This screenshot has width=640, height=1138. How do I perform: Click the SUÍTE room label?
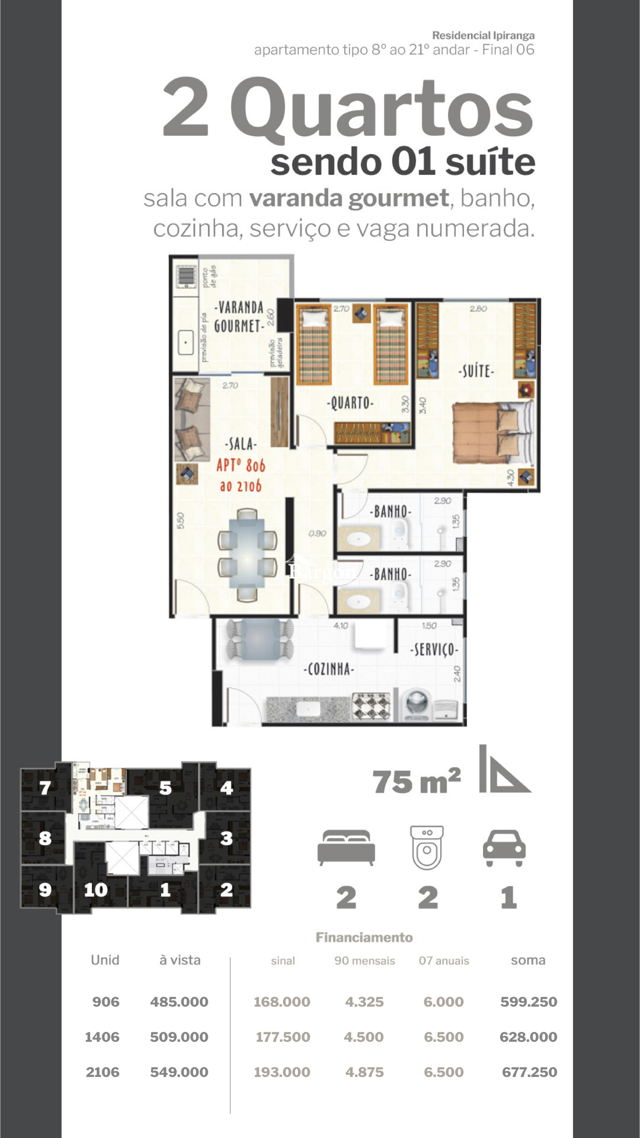pyautogui.click(x=476, y=371)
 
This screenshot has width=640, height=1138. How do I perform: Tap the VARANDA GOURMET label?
pyautogui.click(x=239, y=316)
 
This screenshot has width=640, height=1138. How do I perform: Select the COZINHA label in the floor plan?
pyautogui.click(x=329, y=669)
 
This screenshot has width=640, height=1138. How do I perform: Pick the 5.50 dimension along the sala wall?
pyautogui.click(x=180, y=520)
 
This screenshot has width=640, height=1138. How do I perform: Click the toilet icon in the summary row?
pyautogui.click(x=427, y=847)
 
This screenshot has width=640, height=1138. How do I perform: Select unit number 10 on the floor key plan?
pyautogui.click(x=96, y=889)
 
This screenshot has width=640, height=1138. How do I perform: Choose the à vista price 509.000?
pyautogui.click(x=179, y=1037)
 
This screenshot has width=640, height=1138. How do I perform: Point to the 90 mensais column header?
pyautogui.click(x=364, y=961)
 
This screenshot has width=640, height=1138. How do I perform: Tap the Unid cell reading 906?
pyautogui.click(x=106, y=1002)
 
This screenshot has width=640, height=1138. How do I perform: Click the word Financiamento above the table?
pyautogui.click(x=364, y=937)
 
